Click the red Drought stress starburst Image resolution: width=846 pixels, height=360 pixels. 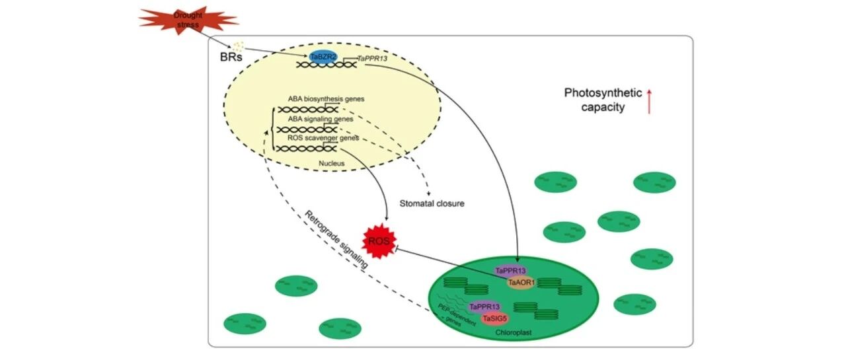[188, 20]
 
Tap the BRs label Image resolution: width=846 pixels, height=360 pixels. [231, 57]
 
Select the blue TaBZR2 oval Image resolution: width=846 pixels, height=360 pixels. [323, 57]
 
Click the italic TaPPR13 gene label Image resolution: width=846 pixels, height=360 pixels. [372, 59]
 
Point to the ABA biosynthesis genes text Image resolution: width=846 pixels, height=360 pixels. [326, 99]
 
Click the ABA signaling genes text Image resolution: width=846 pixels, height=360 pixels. [321, 119]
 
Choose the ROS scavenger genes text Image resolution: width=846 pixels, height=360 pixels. [323, 138]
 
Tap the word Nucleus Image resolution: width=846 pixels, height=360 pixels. [332, 163]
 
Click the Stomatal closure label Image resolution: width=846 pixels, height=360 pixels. [432, 203]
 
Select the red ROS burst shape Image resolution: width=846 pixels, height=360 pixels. [379, 240]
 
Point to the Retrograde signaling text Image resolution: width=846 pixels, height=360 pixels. [336, 240]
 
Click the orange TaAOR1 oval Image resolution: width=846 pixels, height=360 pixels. [521, 283]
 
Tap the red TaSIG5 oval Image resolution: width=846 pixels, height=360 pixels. [495, 319]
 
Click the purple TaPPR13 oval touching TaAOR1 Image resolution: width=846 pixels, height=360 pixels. [510, 271]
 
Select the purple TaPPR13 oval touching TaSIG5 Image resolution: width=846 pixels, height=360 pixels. [484, 306]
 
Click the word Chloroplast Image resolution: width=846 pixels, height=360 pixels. [514, 333]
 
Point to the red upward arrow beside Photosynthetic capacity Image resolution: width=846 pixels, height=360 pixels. [649, 101]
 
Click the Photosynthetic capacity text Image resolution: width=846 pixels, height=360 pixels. [603, 100]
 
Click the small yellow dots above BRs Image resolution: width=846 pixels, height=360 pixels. [238, 47]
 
